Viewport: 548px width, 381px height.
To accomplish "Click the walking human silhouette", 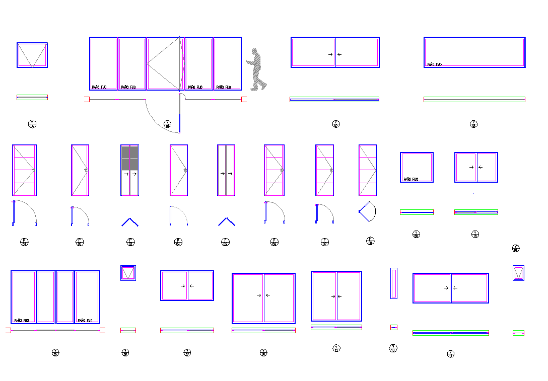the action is pyautogui.click(x=257, y=69).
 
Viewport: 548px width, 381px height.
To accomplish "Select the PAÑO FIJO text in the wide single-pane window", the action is pyautogui.click(x=434, y=64).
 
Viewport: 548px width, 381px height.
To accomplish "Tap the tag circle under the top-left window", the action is pyautogui.click(x=32, y=124).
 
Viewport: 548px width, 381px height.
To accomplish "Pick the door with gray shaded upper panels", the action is pyautogui.click(x=129, y=170).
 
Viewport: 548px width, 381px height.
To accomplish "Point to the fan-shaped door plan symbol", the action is pyautogui.click(x=368, y=211).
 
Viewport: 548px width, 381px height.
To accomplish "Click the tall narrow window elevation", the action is pyautogui.click(x=393, y=283).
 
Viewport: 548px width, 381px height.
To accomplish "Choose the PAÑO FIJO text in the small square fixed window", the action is pyautogui.click(x=411, y=179).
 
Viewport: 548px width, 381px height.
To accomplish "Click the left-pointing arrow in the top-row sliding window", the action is pyautogui.click(x=339, y=54).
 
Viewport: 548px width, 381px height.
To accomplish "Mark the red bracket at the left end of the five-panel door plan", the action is pyautogui.click(x=86, y=100).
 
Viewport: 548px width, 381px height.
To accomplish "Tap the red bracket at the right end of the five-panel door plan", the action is pyautogui.click(x=244, y=100).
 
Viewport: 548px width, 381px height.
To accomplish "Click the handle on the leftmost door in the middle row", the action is pyautogui.click(x=33, y=171).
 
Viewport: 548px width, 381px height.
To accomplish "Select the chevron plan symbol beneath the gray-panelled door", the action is pyautogui.click(x=129, y=222).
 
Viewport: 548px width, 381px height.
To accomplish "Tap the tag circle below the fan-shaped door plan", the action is pyautogui.click(x=370, y=241).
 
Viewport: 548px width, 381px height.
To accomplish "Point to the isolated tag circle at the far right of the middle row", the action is pyautogui.click(x=515, y=248).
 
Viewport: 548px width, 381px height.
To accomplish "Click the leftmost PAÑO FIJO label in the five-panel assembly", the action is pyautogui.click(x=99, y=87).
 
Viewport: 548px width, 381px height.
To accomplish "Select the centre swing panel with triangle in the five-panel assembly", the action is pyautogui.click(x=164, y=63).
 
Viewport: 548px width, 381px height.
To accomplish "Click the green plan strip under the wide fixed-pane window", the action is pyautogui.click(x=474, y=100).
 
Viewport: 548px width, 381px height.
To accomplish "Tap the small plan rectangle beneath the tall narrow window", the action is pyautogui.click(x=393, y=327).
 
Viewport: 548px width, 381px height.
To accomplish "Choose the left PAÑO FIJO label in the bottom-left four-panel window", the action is pyautogui.click(x=21, y=320).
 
